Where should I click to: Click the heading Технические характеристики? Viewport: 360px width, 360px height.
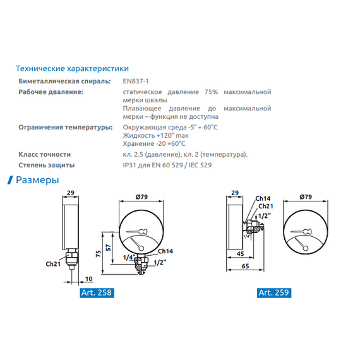pos(72,68)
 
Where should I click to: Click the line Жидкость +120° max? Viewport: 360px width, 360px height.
pos(155,136)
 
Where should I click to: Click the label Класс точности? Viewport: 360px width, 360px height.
pos(45,155)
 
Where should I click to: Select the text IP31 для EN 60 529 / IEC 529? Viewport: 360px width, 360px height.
pos(167,165)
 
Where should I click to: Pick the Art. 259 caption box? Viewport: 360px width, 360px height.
pos(273,292)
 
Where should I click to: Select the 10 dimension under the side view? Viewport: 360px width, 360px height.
pos(88,279)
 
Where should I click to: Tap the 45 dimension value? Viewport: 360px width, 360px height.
pos(241,255)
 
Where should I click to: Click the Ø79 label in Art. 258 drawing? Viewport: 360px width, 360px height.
pos(141,197)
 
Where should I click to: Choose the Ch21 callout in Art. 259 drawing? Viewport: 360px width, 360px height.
pos(266,206)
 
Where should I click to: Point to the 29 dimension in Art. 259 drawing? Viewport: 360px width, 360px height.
pos(236,193)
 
